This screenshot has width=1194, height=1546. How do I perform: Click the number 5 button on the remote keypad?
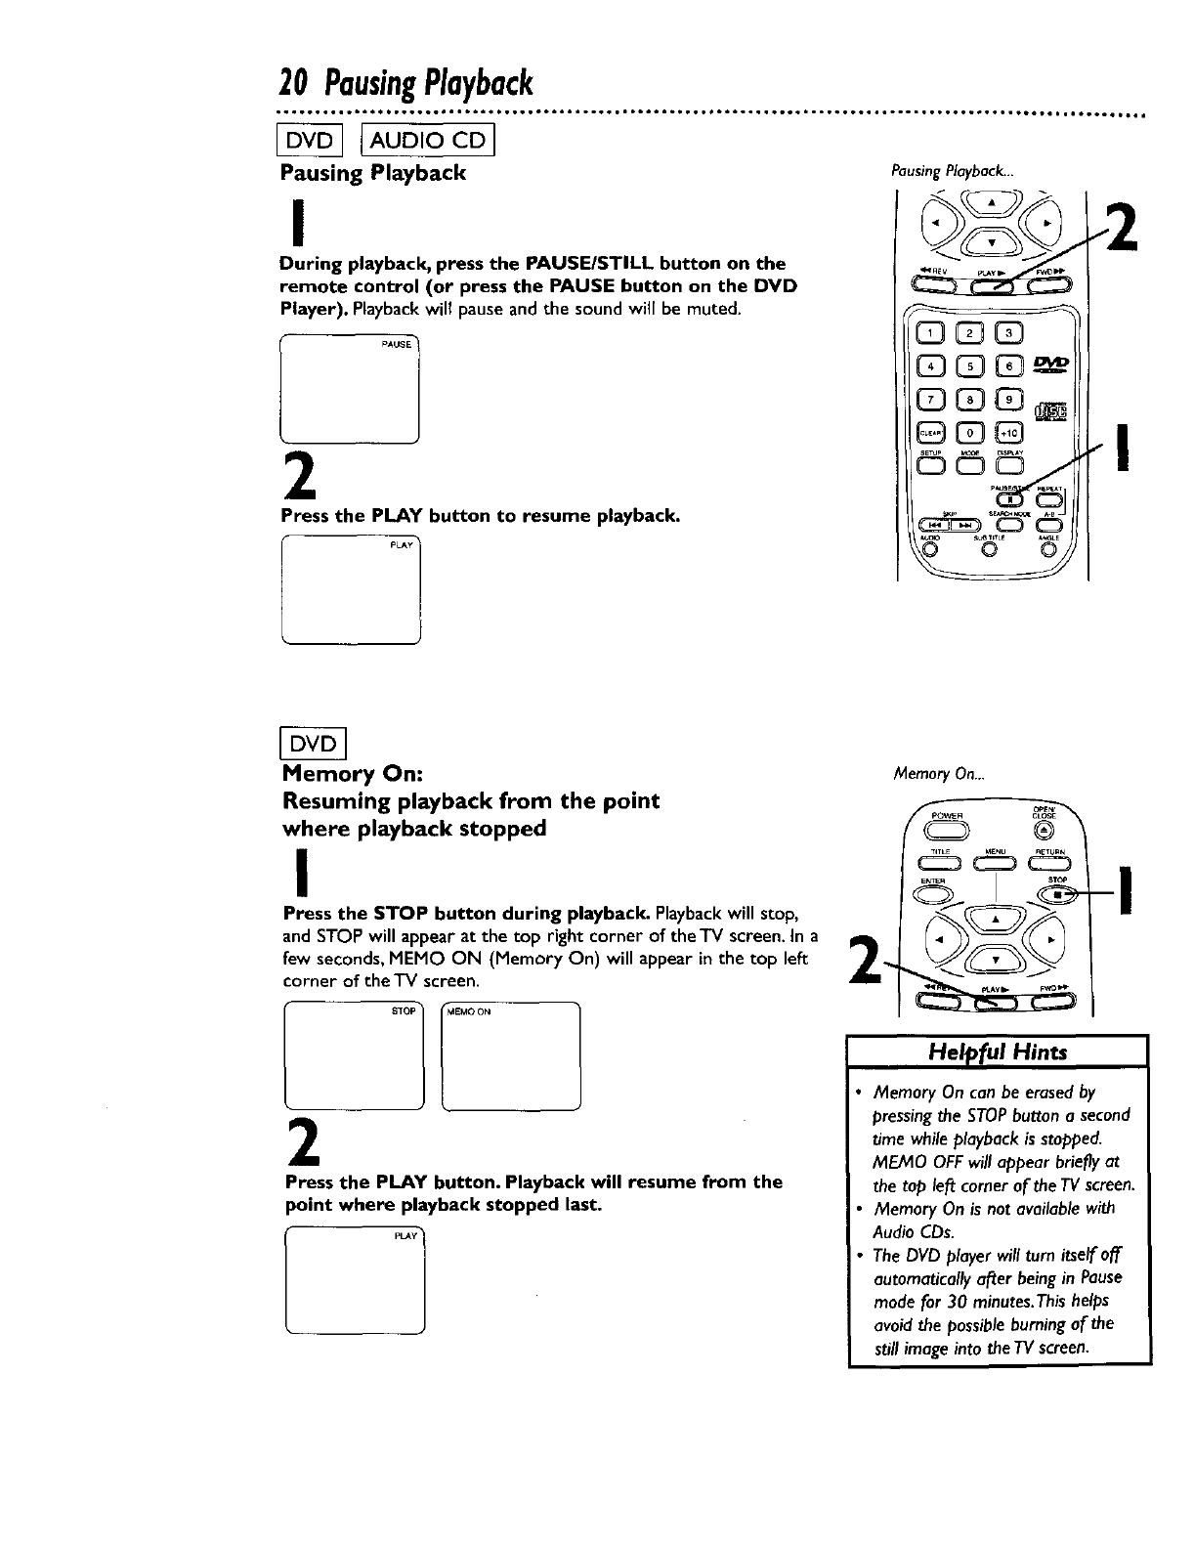coord(968,365)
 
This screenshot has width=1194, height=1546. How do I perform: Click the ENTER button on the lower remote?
coord(935,891)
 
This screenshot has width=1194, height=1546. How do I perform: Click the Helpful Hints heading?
coord(999,1051)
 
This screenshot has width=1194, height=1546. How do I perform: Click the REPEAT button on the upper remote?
coord(1045,497)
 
